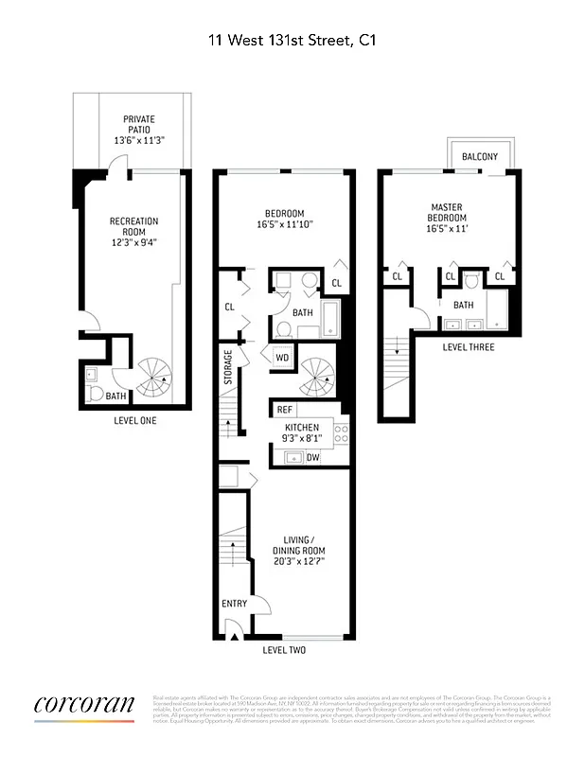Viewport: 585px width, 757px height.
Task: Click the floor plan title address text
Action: click(x=292, y=40)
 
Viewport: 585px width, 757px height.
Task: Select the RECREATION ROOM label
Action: click(x=133, y=226)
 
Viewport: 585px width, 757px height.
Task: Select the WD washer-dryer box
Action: click(x=282, y=358)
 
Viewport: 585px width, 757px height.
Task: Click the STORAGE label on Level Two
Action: click(x=228, y=367)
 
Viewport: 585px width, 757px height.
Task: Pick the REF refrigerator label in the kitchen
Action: click(x=283, y=410)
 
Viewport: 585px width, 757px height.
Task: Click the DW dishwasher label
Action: click(x=311, y=457)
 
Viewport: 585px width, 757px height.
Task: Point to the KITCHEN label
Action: click(x=302, y=428)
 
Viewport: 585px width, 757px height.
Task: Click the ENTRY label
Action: click(x=234, y=603)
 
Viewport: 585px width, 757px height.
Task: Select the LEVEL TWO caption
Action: click(x=284, y=650)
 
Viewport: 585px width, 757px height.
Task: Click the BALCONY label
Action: click(x=480, y=156)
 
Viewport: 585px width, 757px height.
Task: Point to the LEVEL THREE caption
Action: click(x=468, y=347)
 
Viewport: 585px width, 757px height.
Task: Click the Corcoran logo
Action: click(x=84, y=706)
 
